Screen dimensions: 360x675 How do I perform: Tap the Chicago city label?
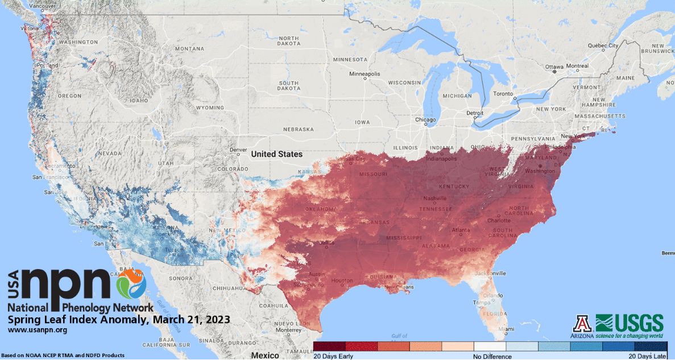(x=425, y=120)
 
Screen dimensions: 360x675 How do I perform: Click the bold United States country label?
(x=277, y=154)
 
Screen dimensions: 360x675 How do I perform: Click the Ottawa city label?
(x=554, y=67)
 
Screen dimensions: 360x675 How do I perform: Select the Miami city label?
(x=498, y=330)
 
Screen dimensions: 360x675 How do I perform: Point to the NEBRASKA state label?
(x=296, y=129)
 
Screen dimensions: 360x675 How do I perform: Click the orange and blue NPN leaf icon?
(x=131, y=284)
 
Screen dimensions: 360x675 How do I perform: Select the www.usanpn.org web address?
(x=38, y=330)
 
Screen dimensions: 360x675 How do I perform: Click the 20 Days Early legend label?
(x=333, y=357)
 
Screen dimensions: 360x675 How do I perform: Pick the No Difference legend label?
(x=492, y=357)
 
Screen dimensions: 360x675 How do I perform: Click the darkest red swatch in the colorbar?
(x=329, y=346)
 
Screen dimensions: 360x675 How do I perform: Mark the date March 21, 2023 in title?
(x=191, y=319)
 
